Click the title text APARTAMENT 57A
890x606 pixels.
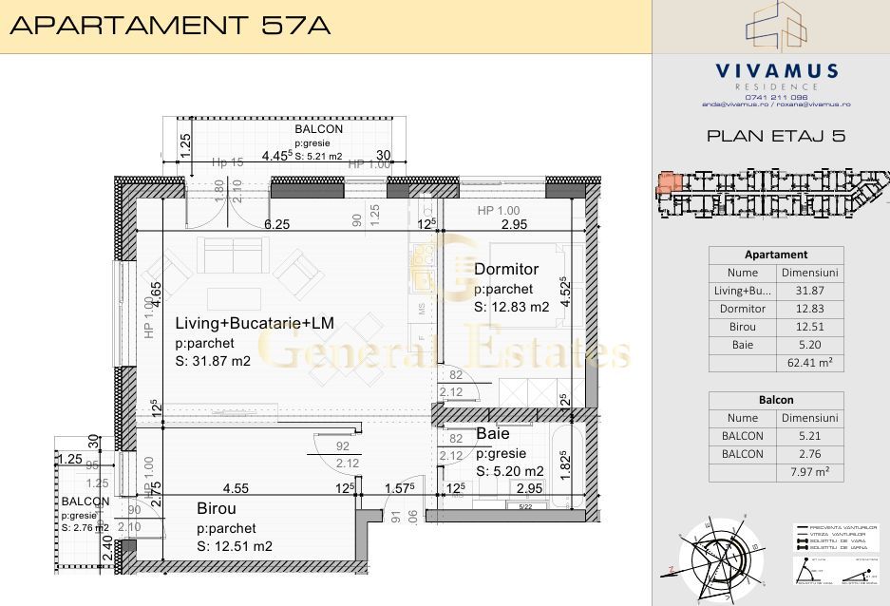click(170, 26)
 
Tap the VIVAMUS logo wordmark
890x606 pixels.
click(776, 71)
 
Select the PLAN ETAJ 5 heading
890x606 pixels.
click(776, 136)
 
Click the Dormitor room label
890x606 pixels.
click(506, 270)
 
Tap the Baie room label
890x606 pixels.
click(493, 433)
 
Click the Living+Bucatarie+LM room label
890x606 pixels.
click(254, 323)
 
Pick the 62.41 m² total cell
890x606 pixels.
click(809, 363)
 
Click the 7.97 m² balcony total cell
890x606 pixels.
click(809, 472)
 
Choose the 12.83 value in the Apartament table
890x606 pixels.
click(809, 309)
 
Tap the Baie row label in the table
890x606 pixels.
click(743, 345)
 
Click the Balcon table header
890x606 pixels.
click(776, 400)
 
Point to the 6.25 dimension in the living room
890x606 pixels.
click(276, 224)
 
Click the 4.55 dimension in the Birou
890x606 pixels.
click(236, 488)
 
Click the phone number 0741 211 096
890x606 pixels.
click(776, 96)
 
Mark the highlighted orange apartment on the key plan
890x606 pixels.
click(669, 182)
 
